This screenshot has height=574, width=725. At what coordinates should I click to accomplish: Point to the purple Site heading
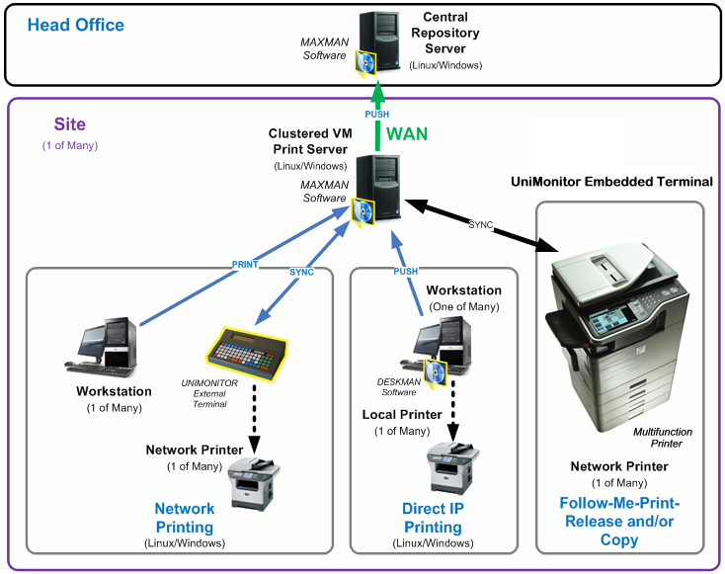[x=69, y=124]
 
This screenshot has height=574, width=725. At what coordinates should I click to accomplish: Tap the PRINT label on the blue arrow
[x=245, y=264]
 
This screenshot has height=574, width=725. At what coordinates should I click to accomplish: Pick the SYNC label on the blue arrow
[x=301, y=272]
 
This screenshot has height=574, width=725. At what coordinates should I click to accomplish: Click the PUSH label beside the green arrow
[x=377, y=115]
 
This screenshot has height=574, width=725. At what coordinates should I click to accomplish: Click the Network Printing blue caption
[x=184, y=518]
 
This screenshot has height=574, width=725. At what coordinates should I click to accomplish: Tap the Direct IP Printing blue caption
[x=433, y=518]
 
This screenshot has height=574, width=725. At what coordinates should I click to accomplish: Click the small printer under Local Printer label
[x=453, y=467]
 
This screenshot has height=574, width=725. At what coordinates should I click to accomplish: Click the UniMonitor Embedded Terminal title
[x=611, y=182]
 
